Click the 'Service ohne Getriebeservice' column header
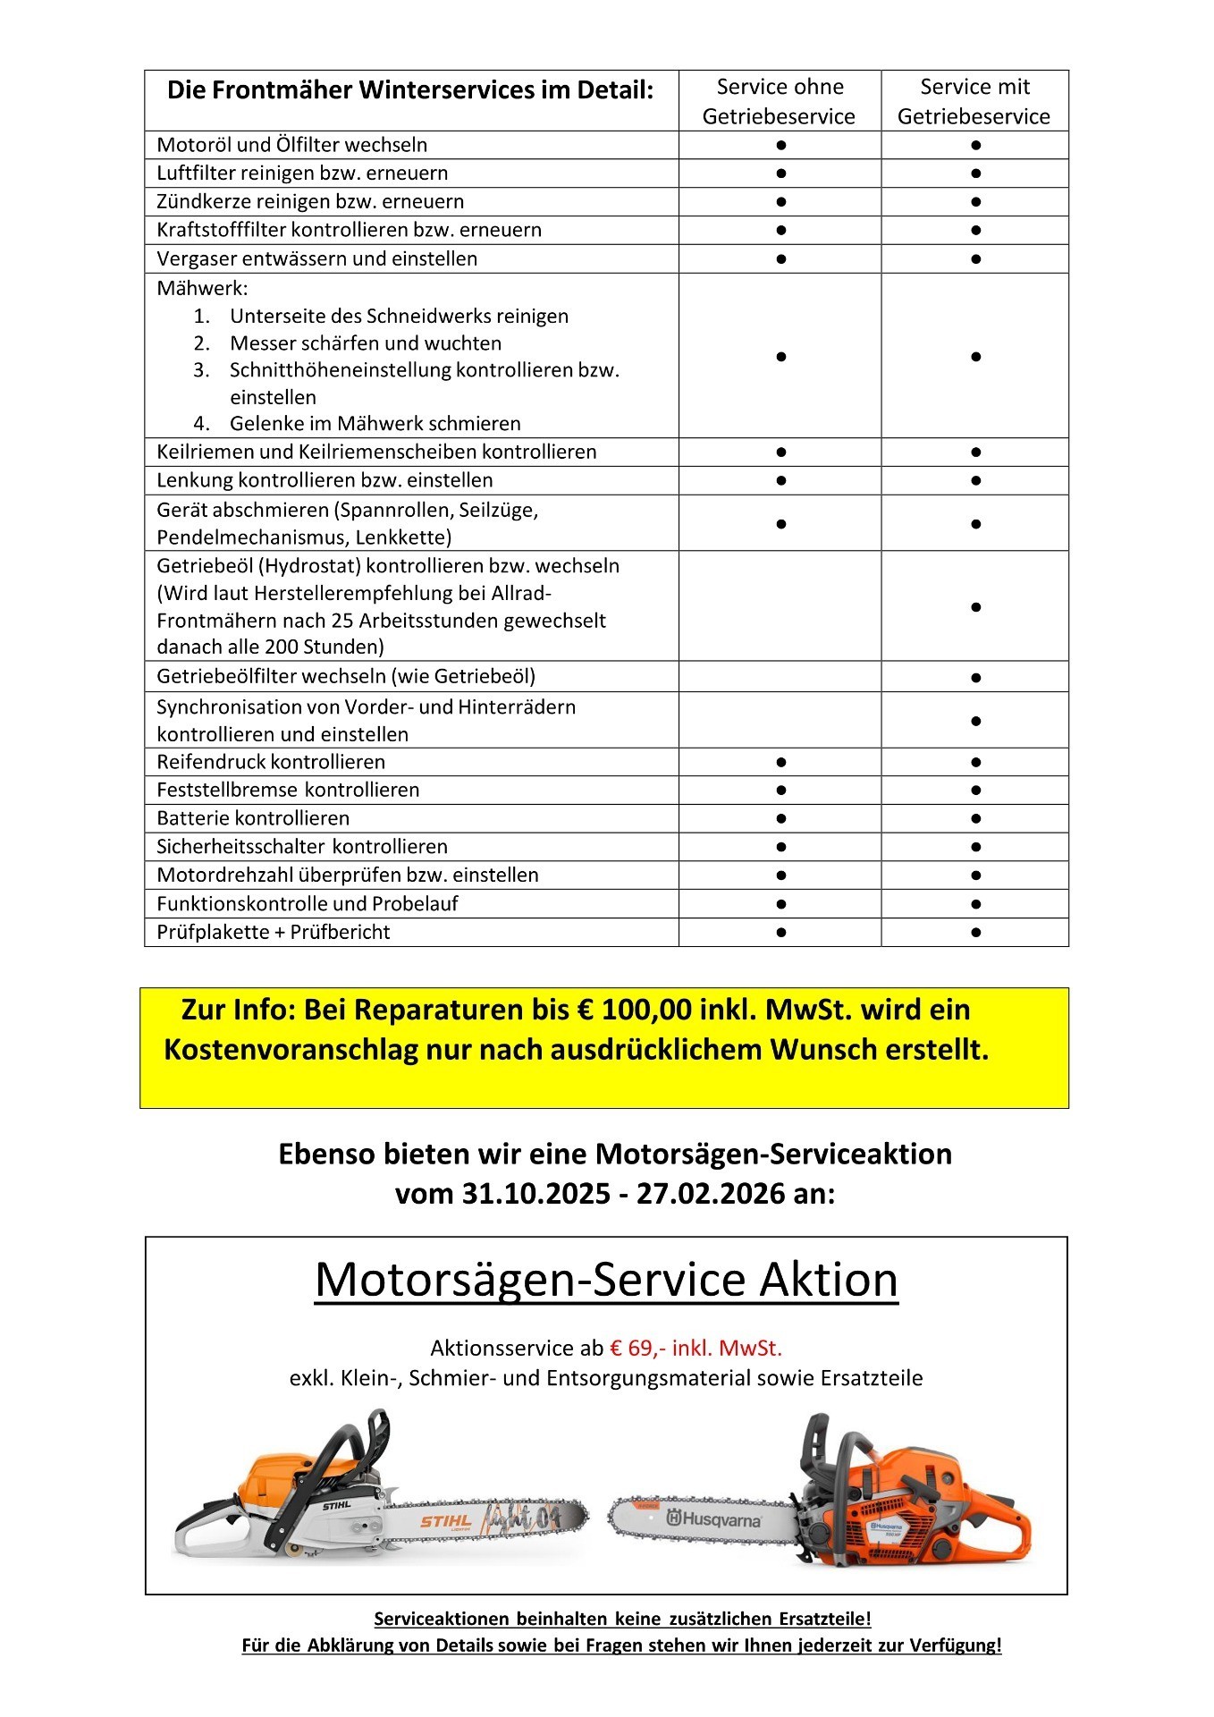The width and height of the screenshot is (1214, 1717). [780, 101]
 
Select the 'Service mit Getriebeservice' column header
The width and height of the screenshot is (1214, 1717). [974, 101]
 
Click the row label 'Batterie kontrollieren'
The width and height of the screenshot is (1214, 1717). [253, 818]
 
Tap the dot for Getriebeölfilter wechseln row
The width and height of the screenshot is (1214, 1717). [975, 678]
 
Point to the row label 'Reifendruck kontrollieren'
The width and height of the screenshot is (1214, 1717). [271, 762]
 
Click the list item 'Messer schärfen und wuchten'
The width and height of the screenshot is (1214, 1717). [365, 343]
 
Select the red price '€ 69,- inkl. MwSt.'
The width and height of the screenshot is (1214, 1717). [696, 1348]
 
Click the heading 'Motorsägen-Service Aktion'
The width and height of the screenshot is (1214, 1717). [606, 1280]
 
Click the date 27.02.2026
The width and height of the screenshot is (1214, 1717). [711, 1193]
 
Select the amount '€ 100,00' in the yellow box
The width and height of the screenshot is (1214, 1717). [635, 1010]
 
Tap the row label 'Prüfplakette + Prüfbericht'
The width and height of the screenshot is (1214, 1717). [273, 932]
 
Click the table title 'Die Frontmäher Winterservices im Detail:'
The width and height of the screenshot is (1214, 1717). [410, 90]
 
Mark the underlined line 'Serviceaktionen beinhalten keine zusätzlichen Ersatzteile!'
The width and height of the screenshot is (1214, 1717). [622, 1618]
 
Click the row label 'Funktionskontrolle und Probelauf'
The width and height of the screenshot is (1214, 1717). [307, 903]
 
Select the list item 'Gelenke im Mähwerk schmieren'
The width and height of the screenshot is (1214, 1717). [375, 423]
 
